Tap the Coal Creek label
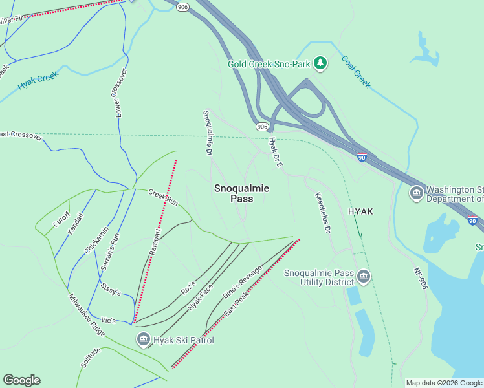(356, 71)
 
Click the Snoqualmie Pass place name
(241, 193)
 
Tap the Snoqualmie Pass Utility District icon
(364, 277)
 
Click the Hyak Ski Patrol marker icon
(143, 339)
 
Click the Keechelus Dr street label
(323, 212)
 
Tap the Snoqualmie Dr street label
(208, 133)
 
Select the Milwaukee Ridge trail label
(87, 315)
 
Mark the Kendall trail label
(76, 224)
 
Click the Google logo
(21, 380)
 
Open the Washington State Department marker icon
(417, 193)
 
